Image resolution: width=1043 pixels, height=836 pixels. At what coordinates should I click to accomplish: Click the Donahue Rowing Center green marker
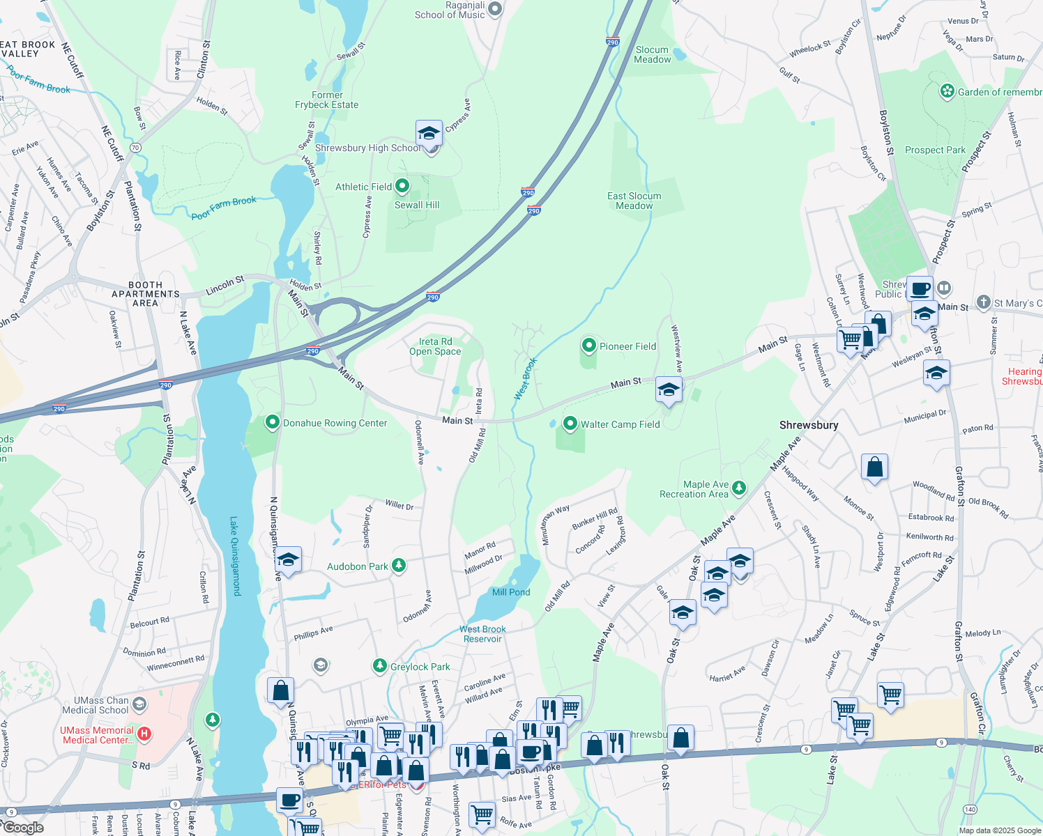273,423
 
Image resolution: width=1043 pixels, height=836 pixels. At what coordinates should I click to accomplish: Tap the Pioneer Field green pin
589,346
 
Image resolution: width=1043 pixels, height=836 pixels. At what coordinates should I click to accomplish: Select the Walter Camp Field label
620,424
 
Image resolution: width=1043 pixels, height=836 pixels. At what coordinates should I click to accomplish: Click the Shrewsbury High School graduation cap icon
429,133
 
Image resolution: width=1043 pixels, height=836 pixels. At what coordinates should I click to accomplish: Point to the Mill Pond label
511,592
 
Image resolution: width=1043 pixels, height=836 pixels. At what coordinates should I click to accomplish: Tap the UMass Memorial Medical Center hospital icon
144,734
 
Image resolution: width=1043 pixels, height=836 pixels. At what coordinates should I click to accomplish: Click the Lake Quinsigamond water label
235,556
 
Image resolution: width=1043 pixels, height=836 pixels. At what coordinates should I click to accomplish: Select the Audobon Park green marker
398,566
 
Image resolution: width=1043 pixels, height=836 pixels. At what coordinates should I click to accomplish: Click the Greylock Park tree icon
379,667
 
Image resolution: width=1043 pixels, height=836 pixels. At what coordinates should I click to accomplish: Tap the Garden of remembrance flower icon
947,91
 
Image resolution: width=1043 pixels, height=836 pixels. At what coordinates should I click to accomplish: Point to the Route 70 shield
135,148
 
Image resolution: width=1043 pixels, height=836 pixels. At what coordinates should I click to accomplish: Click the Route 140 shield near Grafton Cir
970,809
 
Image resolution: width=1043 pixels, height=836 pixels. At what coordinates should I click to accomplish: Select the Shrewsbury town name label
809,425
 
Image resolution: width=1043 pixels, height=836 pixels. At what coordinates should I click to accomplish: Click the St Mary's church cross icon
983,302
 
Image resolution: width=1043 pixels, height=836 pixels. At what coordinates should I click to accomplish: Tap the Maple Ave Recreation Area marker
739,488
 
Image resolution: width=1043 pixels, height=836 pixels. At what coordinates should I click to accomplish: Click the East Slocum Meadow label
634,201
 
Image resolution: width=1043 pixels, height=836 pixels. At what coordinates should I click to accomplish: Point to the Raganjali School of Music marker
495,9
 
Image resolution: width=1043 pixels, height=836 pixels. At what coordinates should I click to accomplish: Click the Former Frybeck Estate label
326,100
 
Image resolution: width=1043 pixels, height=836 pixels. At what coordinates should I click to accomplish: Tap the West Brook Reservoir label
482,634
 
